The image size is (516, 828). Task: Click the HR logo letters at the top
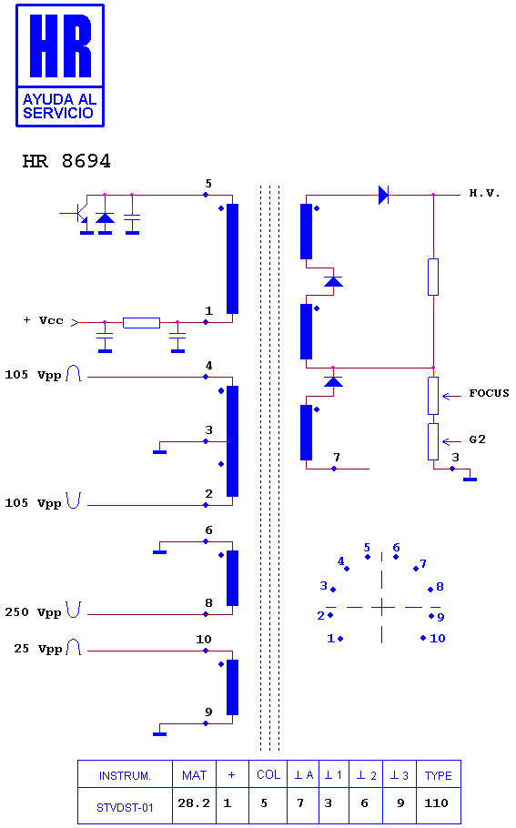tap(60, 45)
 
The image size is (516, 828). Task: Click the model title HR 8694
tap(66, 161)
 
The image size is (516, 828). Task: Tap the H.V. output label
tap(484, 193)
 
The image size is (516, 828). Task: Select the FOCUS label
tap(489, 393)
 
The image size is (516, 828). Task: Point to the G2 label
tap(478, 439)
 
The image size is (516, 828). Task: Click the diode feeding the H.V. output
tap(384, 195)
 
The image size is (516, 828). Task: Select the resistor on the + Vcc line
tap(142, 323)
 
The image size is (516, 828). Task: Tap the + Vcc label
tap(44, 320)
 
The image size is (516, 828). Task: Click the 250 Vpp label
tap(34, 612)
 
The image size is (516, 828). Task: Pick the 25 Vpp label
tap(38, 649)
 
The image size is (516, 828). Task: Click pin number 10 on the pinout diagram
tap(438, 639)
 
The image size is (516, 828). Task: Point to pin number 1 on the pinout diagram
tap(330, 639)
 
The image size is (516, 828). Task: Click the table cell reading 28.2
tap(194, 803)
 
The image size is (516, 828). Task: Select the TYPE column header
tap(439, 775)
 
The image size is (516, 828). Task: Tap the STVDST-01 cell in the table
tap(125, 807)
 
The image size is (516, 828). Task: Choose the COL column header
tap(268, 774)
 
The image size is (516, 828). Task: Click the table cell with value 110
tap(436, 803)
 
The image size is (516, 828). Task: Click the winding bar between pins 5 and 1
tap(232, 258)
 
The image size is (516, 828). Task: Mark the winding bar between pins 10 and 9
tap(232, 687)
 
